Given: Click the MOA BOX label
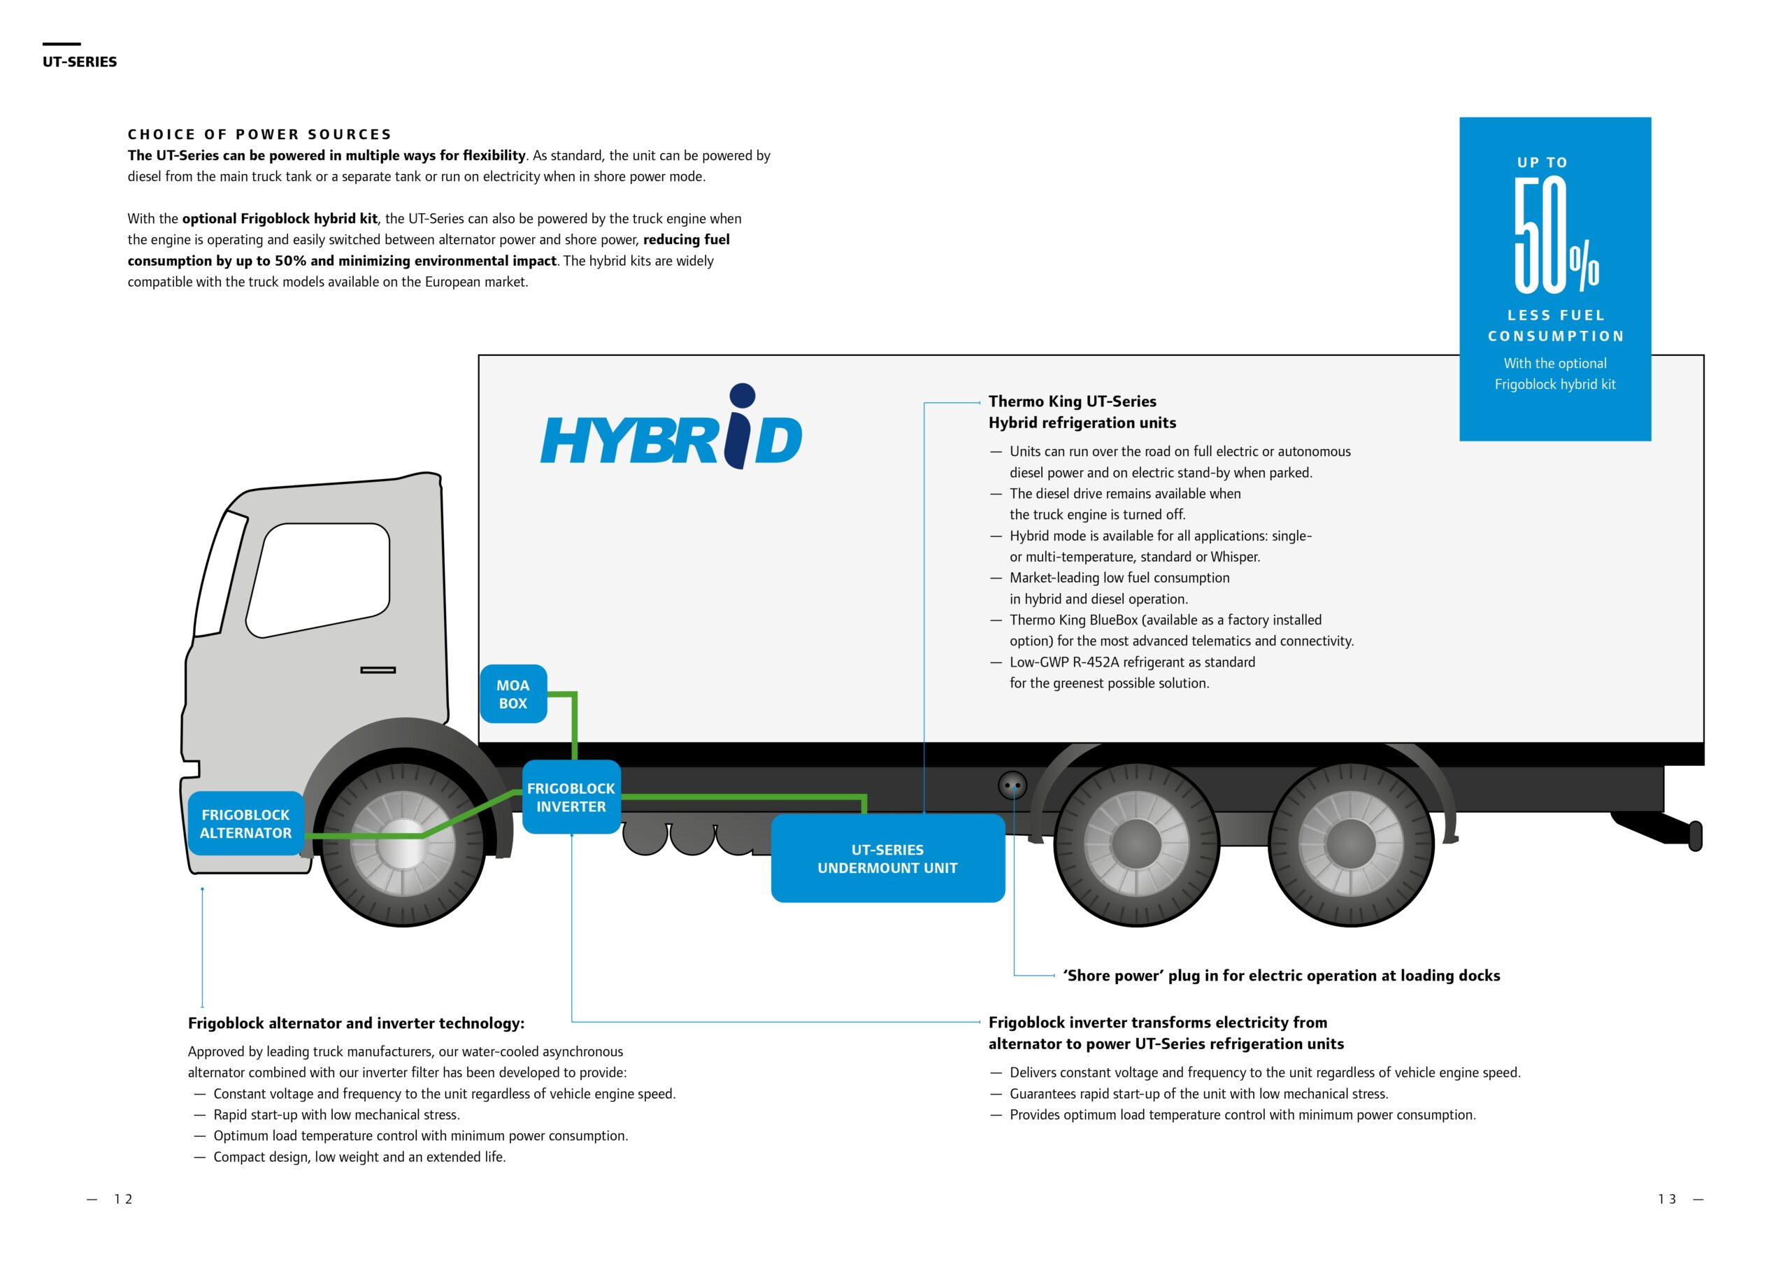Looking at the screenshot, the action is point(513,693).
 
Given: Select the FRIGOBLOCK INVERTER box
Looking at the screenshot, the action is point(571,797).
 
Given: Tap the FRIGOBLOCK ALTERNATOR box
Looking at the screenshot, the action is point(245,824).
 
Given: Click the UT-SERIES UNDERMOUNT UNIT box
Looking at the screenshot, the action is point(887,859).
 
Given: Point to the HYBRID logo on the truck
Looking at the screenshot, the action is point(671,427).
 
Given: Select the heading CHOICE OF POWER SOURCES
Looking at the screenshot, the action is point(259,134).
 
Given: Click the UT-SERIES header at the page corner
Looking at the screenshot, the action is point(80,62).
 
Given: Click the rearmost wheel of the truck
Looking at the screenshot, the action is point(1350,844).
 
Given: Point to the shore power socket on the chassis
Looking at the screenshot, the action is point(1012,785).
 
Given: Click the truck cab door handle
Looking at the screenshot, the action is point(378,670).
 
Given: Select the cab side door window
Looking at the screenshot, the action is point(318,581).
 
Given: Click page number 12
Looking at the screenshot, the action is point(123,1200).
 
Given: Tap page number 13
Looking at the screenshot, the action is point(1667,1200).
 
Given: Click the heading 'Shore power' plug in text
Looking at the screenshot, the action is point(1282,976).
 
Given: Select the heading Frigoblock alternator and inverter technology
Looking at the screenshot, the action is point(357,1023).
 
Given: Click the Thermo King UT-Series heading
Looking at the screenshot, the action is point(1073,401).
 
